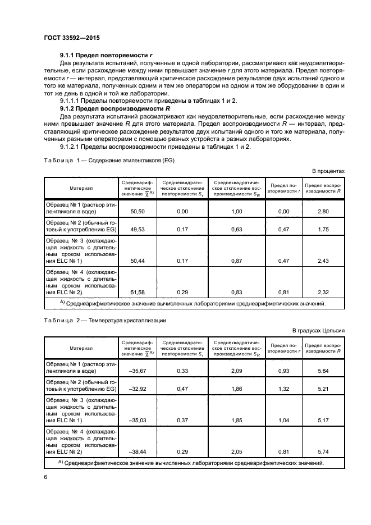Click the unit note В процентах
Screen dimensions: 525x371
click(328, 171)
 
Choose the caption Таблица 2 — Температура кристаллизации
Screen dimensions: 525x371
click(103, 321)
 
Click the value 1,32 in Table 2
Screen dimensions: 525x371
click(283, 389)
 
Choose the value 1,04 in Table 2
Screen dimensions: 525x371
click(283, 420)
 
